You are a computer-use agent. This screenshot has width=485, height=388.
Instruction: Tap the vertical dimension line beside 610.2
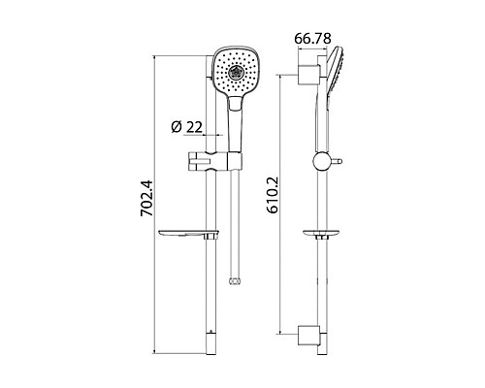tap(283, 205)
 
